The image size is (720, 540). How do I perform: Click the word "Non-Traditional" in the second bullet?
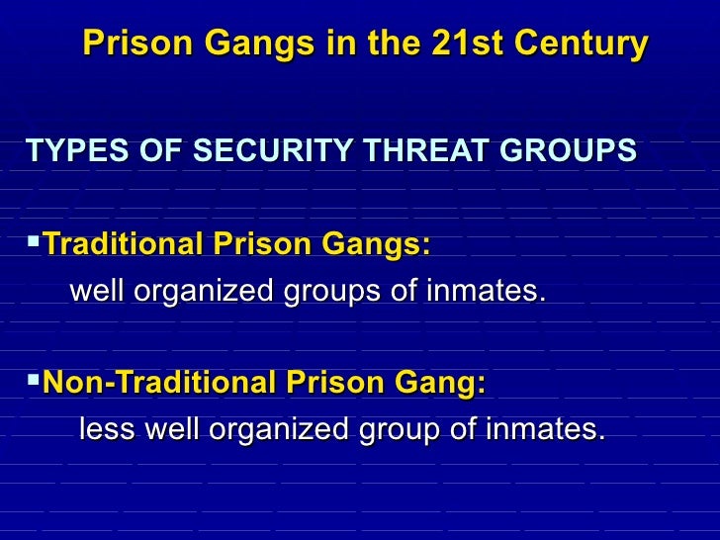coord(159,382)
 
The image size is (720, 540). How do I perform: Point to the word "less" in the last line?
coord(108,430)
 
